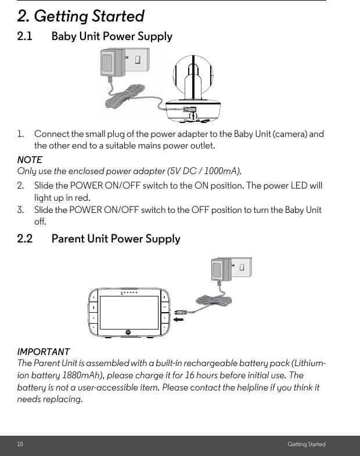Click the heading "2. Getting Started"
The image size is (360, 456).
click(x=81, y=16)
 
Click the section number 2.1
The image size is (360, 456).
click(x=25, y=37)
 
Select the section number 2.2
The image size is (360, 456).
click(x=25, y=239)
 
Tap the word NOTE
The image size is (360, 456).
click(x=30, y=160)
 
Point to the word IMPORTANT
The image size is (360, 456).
click(x=44, y=352)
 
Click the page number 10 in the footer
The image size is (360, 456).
click(x=20, y=444)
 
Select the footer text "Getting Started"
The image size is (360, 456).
click(x=307, y=444)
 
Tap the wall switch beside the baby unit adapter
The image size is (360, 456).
click(x=139, y=60)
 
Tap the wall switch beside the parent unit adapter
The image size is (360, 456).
click(x=244, y=267)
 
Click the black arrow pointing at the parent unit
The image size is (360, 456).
click(x=180, y=319)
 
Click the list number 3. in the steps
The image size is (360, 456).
click(x=21, y=210)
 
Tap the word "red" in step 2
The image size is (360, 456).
click(x=81, y=198)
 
